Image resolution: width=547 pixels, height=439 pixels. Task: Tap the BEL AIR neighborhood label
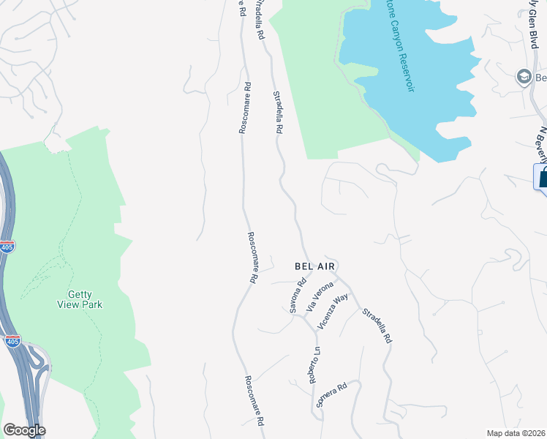[314, 267]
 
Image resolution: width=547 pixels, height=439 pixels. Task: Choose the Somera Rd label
[331, 394]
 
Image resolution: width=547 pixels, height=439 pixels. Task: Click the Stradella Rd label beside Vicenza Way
[378, 326]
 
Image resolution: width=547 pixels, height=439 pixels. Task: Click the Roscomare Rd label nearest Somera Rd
[253, 402]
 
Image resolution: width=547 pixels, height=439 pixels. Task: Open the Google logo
[23, 430]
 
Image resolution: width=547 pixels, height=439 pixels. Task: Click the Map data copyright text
[516, 433]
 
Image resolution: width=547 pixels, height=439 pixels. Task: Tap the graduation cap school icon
[524, 77]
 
